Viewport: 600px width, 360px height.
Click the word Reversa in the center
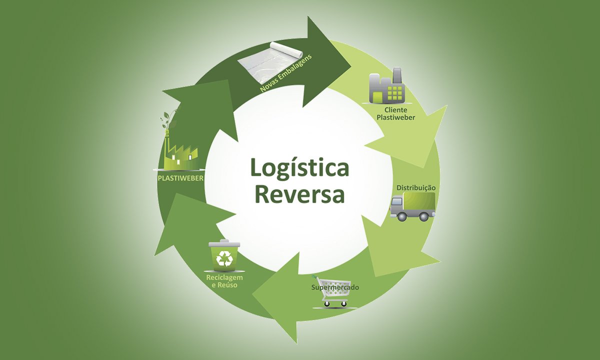pyautogui.click(x=299, y=195)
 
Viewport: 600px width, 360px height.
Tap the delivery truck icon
pyautogui.click(x=412, y=207)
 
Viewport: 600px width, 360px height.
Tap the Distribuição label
pyautogui.click(x=416, y=187)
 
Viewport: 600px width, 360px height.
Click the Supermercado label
pyautogui.click(x=335, y=287)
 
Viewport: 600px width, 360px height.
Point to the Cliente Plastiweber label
pyautogui.click(x=396, y=113)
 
